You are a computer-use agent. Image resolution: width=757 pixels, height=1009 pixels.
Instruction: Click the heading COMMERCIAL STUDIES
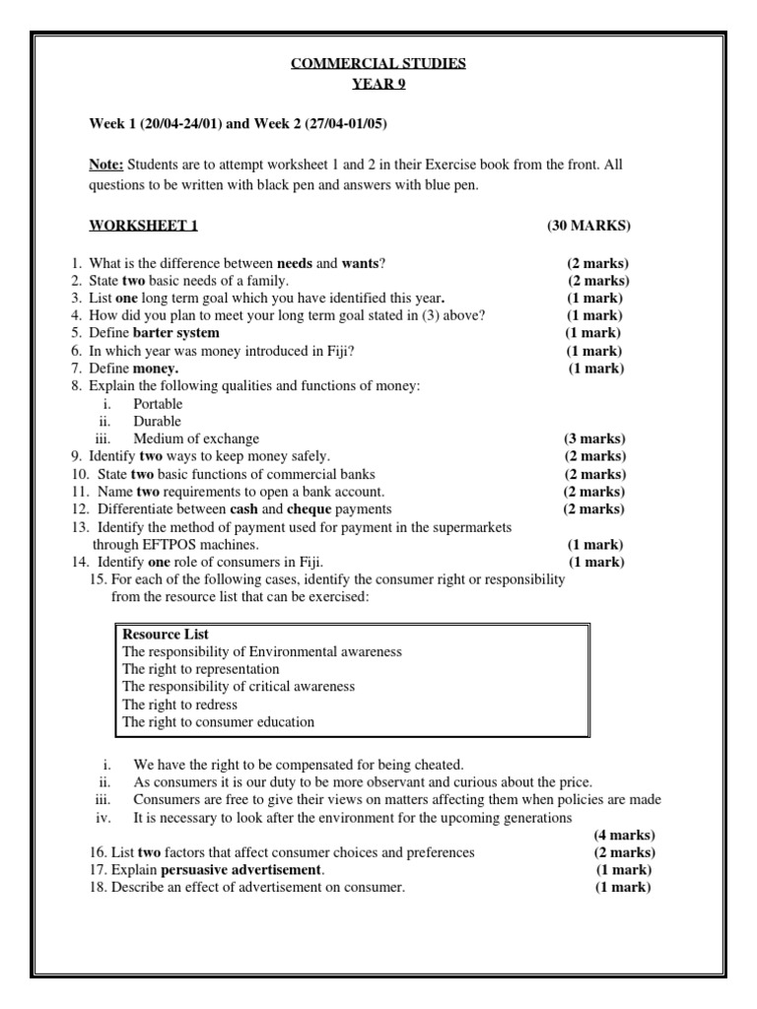point(378,64)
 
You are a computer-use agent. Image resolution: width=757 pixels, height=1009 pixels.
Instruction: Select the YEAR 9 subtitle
point(378,84)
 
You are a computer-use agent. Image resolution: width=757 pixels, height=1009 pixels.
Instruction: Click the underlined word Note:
point(106,165)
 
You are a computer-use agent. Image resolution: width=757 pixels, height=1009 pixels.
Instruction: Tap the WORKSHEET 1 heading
point(144,226)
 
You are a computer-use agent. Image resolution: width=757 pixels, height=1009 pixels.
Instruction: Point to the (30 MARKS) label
point(588,226)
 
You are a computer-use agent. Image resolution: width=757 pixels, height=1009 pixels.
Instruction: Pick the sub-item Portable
point(158,404)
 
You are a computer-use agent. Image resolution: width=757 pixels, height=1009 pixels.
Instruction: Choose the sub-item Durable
point(158,422)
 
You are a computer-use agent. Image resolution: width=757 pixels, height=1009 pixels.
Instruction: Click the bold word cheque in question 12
point(309,509)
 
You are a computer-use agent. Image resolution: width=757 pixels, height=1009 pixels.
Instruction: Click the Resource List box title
point(166,635)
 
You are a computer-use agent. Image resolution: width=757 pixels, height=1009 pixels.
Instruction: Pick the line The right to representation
point(201,669)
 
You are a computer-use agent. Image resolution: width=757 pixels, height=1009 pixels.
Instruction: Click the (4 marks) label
point(624,836)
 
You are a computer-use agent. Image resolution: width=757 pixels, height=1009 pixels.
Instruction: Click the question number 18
point(98,888)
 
